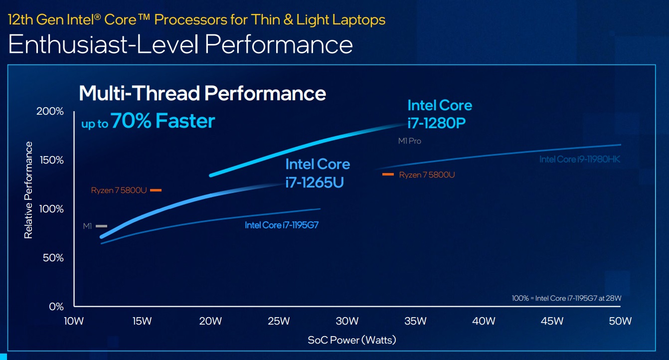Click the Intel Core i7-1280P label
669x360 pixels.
[439, 114]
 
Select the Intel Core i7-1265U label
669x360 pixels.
[318, 173]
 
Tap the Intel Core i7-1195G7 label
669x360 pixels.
[281, 225]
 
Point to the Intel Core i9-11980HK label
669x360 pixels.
[579, 160]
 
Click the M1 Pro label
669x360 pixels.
[409, 141]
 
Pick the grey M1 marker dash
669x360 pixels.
[102, 226]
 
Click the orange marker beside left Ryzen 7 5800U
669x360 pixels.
[156, 190]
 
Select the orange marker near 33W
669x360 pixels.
[388, 175]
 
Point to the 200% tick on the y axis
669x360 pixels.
[50, 112]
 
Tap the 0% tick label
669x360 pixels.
[56, 307]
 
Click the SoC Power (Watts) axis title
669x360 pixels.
[351, 341]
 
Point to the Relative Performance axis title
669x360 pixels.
[28, 190]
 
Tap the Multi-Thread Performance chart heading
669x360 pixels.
[202, 93]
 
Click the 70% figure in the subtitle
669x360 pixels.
[131, 121]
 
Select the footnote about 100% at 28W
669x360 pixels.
[567, 298]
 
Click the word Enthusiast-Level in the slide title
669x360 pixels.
[104, 45]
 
